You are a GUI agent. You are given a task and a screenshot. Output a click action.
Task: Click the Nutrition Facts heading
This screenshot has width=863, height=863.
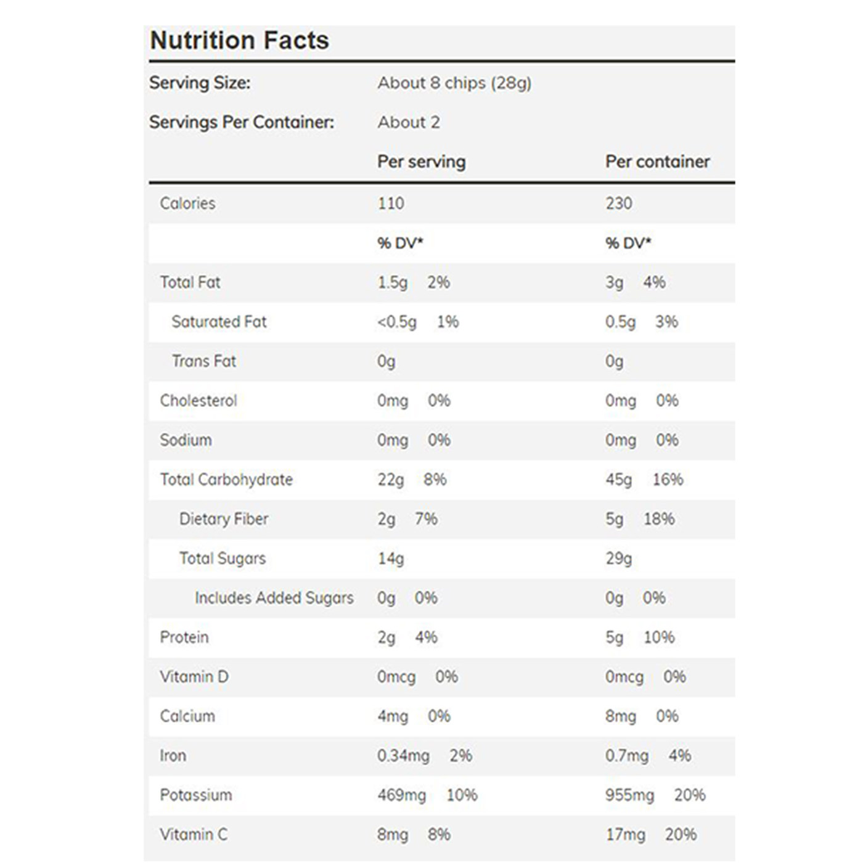(240, 40)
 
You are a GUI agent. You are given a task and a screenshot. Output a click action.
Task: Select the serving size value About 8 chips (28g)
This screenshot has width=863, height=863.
(454, 83)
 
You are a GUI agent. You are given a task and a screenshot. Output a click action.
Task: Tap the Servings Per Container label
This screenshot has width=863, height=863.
(242, 122)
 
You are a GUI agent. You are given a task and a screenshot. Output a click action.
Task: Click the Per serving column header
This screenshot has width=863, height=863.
(422, 162)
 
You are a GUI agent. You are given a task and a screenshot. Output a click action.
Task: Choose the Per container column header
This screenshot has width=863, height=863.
(658, 162)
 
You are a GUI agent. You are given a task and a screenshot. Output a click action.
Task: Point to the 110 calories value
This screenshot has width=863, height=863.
(391, 203)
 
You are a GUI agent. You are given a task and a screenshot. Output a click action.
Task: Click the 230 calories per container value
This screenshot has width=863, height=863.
(619, 203)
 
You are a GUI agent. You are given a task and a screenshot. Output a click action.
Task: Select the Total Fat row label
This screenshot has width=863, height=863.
(190, 282)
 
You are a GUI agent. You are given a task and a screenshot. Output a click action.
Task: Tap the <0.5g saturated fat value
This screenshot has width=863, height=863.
(397, 322)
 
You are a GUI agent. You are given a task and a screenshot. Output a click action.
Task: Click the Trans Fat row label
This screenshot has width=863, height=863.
(204, 361)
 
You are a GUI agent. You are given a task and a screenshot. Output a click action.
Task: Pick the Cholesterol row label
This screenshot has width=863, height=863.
(198, 401)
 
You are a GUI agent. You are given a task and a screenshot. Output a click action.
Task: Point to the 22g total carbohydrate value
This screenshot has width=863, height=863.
(391, 480)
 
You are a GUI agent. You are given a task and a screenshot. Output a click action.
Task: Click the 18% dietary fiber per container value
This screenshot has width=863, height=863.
(659, 519)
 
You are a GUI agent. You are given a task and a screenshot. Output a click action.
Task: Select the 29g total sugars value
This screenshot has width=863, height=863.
(619, 559)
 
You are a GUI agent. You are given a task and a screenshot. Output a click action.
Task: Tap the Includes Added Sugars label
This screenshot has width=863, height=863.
(274, 598)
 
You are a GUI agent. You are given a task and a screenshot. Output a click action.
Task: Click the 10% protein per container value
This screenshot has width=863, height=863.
(659, 637)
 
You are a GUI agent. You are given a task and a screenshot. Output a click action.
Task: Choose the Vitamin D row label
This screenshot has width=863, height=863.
(194, 676)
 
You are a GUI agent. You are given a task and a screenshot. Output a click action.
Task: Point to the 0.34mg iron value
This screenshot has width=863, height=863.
(403, 756)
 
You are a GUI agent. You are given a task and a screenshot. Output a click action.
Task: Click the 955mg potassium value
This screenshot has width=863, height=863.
(629, 795)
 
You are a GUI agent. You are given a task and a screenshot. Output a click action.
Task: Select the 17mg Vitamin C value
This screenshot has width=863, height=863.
(626, 835)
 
